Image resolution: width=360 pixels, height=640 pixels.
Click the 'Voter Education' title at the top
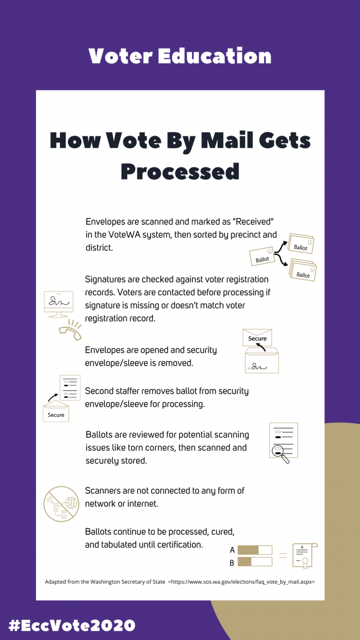tap(180, 56)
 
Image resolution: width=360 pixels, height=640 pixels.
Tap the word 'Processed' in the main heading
tap(180, 171)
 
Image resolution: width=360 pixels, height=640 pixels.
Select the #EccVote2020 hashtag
tap(72, 625)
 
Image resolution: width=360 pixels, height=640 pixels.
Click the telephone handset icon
tap(70, 329)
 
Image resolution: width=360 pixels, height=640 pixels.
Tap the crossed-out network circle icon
tap(61, 504)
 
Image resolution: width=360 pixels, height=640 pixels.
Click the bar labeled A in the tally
tap(255, 550)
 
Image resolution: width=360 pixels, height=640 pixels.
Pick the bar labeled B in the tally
tap(255, 562)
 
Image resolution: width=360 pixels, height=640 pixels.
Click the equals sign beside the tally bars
tap(283, 555)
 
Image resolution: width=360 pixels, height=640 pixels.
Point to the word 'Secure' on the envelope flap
tap(257, 338)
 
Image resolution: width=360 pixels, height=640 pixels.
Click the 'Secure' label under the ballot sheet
tap(56, 414)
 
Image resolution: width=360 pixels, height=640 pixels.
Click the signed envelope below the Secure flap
tap(262, 362)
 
